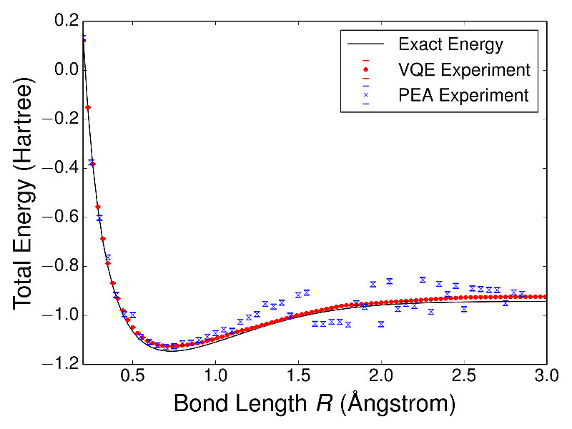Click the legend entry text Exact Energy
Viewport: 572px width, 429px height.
[450, 45]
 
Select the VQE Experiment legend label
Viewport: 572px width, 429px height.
[464, 70]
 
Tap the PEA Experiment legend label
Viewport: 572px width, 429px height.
[464, 95]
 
